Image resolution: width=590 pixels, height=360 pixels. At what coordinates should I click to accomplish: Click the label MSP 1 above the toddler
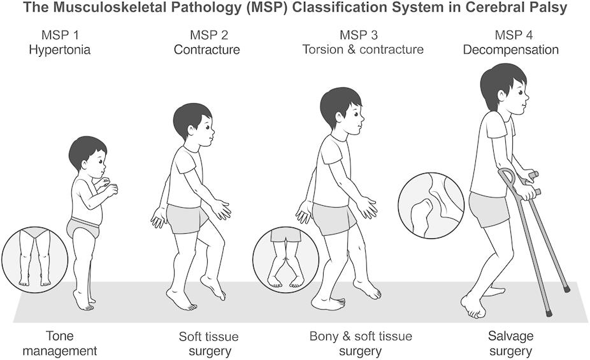59,34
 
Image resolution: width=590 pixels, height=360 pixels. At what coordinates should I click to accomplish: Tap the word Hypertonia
59,49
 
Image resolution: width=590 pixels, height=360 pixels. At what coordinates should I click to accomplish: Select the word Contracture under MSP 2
207,49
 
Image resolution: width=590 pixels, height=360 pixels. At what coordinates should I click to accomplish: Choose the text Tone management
71,343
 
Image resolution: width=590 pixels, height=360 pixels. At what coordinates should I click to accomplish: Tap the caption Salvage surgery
509,343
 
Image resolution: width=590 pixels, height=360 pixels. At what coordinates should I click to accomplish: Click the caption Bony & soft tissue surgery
361,343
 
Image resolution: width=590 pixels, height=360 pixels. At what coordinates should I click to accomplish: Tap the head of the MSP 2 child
192,125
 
